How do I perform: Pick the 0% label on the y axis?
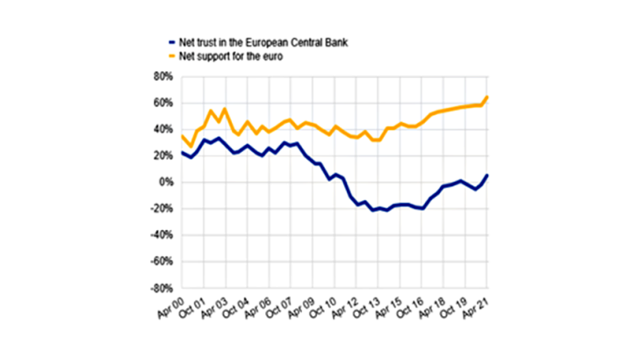pos(164,183)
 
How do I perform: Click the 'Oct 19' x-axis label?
pos(455,309)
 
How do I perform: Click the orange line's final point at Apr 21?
pos(488,97)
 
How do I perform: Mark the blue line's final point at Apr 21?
pos(488,175)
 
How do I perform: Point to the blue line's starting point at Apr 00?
pos(181,153)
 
